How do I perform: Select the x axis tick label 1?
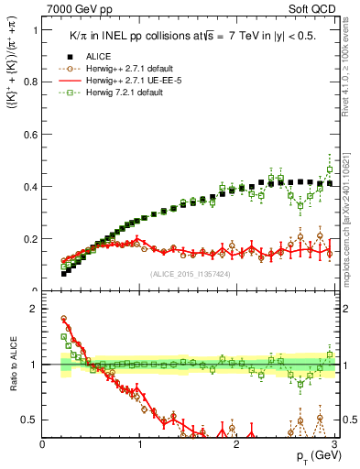pos(140,444)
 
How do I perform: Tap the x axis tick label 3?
pos(333,444)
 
